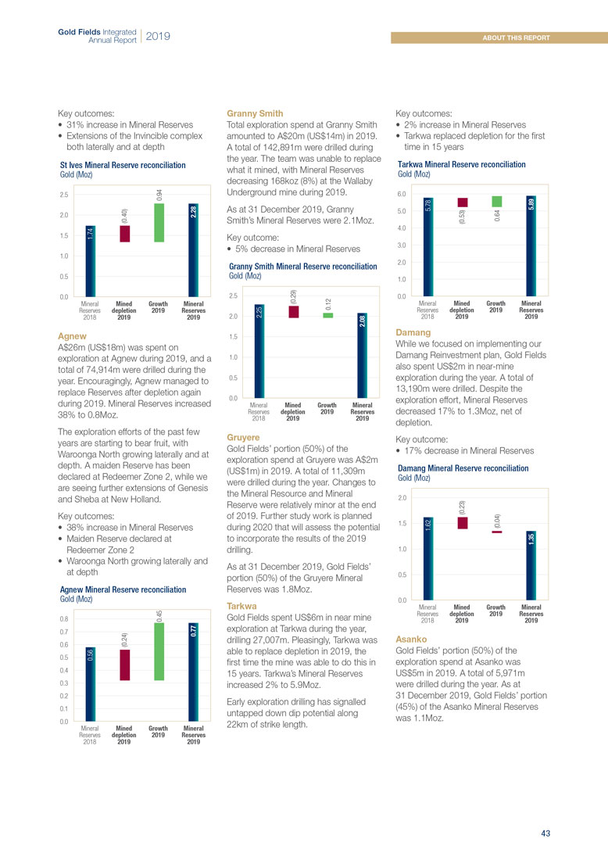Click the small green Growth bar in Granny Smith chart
(327, 315)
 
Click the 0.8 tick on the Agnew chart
(65, 619)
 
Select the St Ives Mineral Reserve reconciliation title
(123, 166)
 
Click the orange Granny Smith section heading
(254, 113)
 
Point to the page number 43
(545, 833)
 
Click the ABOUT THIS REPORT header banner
(516, 38)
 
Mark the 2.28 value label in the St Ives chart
(193, 211)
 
